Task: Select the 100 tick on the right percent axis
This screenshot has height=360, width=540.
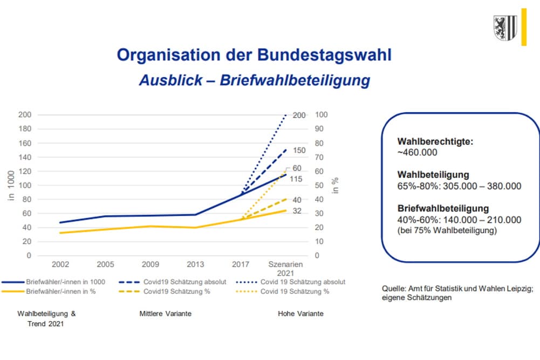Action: [321, 115]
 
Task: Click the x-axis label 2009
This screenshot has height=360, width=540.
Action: [150, 264]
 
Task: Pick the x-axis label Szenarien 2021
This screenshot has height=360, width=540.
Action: [285, 269]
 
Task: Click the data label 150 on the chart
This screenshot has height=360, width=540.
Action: [299, 151]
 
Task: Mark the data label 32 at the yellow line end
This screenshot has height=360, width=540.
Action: [297, 211]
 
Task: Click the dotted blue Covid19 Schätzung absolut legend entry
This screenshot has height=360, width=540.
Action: [303, 282]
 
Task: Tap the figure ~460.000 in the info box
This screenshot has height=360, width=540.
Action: [417, 152]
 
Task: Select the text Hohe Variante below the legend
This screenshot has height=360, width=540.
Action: [300, 314]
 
